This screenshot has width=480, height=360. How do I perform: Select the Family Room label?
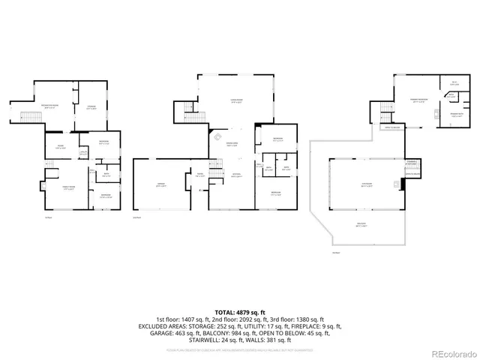click(67, 189)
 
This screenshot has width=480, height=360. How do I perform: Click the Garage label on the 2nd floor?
click(160, 185)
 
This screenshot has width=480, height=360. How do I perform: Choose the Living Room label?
click(236, 103)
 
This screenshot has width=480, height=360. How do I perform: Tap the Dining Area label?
click(232, 145)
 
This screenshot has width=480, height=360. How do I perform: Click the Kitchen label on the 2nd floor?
click(235, 175)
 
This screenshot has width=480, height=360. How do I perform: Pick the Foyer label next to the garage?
click(201, 174)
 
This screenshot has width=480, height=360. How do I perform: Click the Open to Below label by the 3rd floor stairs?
click(392, 129)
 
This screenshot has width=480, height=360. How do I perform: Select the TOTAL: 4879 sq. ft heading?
click(240, 312)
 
